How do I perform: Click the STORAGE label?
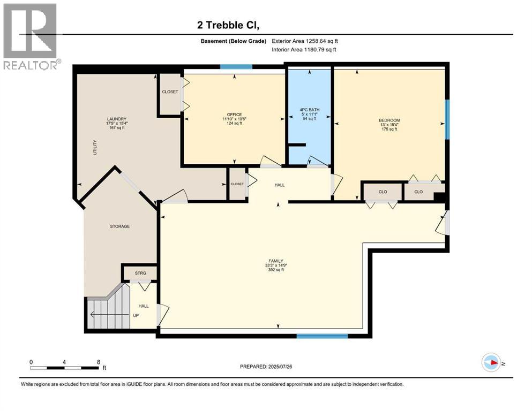coord(120,226)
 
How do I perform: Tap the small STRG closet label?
coord(140,273)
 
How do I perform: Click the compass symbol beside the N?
coord(491,363)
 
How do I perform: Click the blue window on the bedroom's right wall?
coord(446,119)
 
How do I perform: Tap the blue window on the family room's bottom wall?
coord(322,336)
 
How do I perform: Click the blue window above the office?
coord(236,67)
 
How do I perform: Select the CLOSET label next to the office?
coord(170,92)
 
